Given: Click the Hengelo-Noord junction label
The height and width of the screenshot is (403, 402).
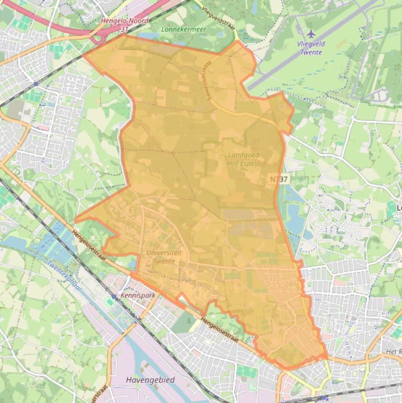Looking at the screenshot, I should click(124, 21).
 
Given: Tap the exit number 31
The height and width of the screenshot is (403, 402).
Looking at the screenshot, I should click(124, 29).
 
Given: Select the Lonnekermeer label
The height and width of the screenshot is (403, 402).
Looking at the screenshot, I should click(183, 29).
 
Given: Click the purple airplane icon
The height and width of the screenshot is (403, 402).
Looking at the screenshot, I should click(312, 35).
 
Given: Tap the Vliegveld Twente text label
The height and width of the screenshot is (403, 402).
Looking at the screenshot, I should click(311, 48).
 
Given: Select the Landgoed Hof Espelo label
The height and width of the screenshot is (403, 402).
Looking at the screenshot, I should click(244, 159).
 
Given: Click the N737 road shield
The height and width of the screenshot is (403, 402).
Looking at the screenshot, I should click(279, 179).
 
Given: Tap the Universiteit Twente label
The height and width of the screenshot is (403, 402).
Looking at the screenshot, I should click(164, 256).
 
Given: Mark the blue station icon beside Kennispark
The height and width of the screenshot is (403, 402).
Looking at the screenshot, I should click(113, 296).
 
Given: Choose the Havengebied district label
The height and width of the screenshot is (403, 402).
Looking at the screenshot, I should click(151, 379).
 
